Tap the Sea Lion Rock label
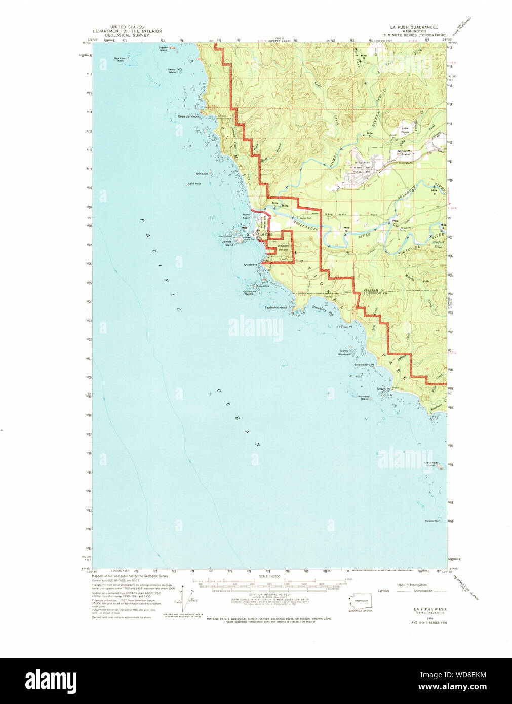coord(120,59)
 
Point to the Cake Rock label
coord(194,183)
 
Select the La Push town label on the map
coord(266,234)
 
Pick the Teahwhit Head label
coord(276,307)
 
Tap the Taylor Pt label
coord(345,327)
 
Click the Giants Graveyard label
coord(345,352)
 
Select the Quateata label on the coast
coord(250,264)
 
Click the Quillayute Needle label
coord(248,292)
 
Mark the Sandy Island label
coord(173,71)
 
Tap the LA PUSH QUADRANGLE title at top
coord(414,27)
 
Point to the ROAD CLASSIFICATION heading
coord(412,585)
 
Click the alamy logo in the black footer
coord(51,680)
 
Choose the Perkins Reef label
coord(432,521)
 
